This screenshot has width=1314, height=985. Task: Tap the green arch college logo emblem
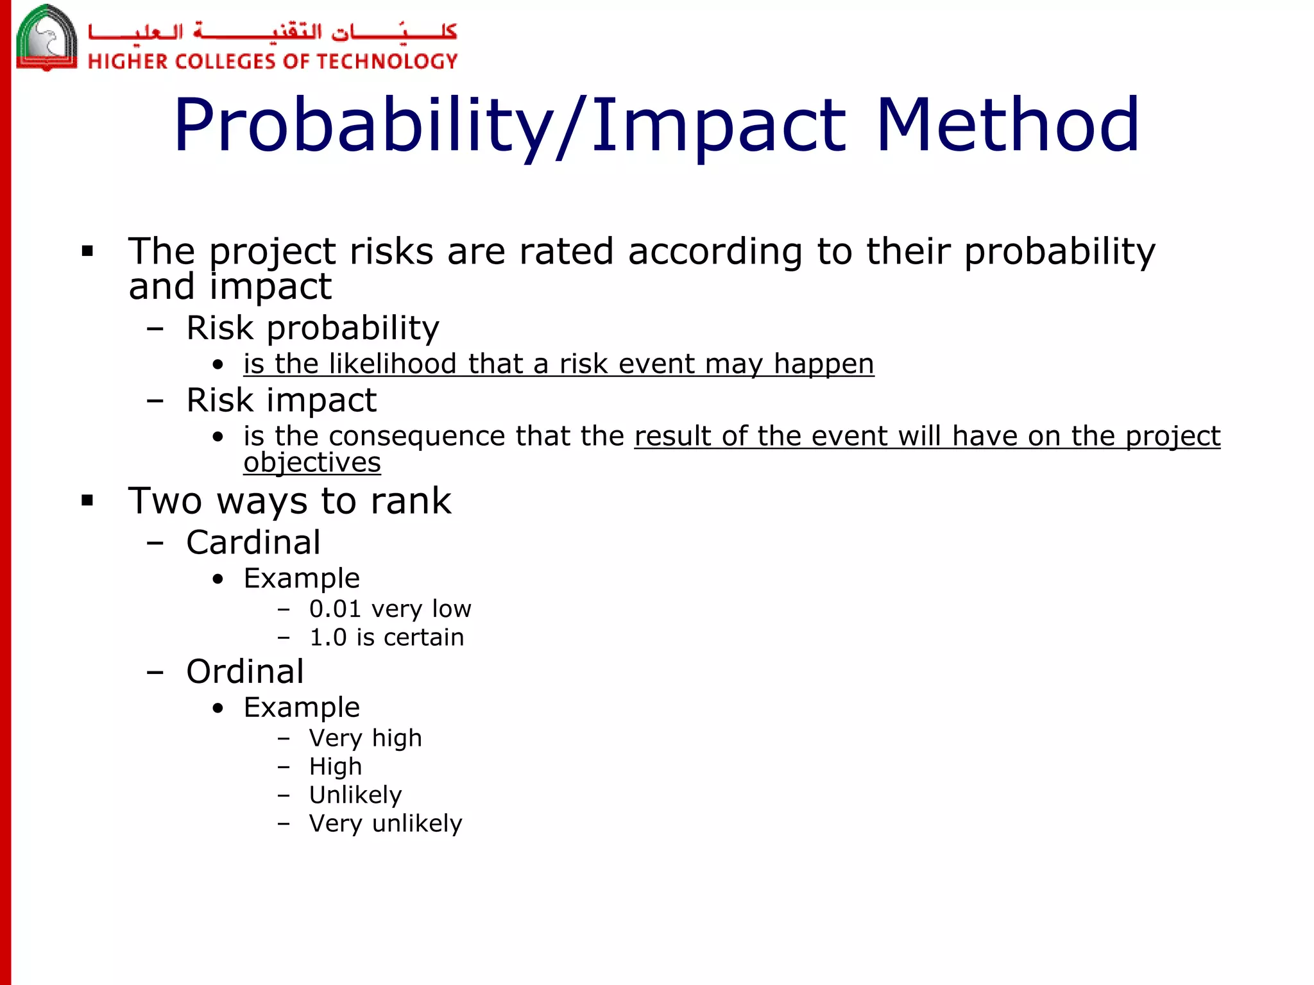click(46, 38)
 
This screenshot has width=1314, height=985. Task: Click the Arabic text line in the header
click(273, 31)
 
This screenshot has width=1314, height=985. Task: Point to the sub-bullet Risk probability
click(312, 328)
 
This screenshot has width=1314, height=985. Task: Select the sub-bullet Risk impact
click(281, 401)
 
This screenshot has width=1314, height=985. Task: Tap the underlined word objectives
click(312, 463)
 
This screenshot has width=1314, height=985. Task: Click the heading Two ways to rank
click(289, 501)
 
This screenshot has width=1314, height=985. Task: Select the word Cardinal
click(253, 543)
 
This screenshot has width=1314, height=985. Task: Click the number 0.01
click(335, 609)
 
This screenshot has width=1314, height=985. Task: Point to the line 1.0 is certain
click(386, 637)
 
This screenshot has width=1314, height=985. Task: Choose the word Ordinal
click(245, 672)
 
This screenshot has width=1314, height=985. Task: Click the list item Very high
click(365, 738)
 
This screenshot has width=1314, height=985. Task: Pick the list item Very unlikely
click(385, 823)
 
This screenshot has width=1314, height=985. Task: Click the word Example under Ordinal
click(302, 708)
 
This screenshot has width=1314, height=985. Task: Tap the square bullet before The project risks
click(88, 251)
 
